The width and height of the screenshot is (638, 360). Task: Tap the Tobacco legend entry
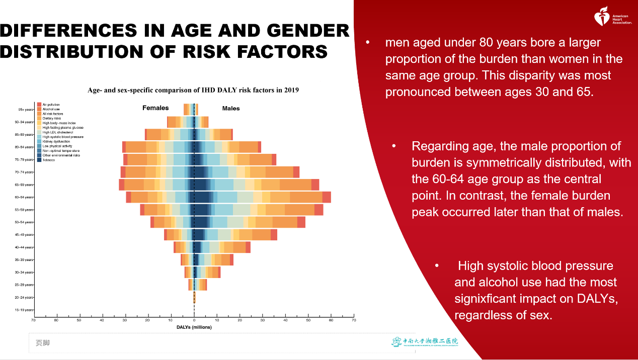pyautogui.click(x=49, y=160)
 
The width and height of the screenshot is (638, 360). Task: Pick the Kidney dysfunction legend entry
pyautogui.click(x=56, y=141)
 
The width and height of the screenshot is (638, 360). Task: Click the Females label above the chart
pyautogui.click(x=155, y=108)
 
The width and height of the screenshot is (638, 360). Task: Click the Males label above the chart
pyautogui.click(x=231, y=109)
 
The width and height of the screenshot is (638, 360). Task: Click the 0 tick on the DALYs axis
pyautogui.click(x=194, y=320)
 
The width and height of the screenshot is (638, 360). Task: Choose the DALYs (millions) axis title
pyautogui.click(x=194, y=327)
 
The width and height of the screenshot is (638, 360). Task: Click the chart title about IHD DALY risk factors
pyautogui.click(x=193, y=91)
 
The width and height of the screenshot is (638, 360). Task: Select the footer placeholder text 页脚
pyautogui.click(x=42, y=343)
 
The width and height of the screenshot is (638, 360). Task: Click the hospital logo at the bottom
pyautogui.click(x=425, y=342)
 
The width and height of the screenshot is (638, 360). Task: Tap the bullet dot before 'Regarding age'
pyautogui.click(x=394, y=146)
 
